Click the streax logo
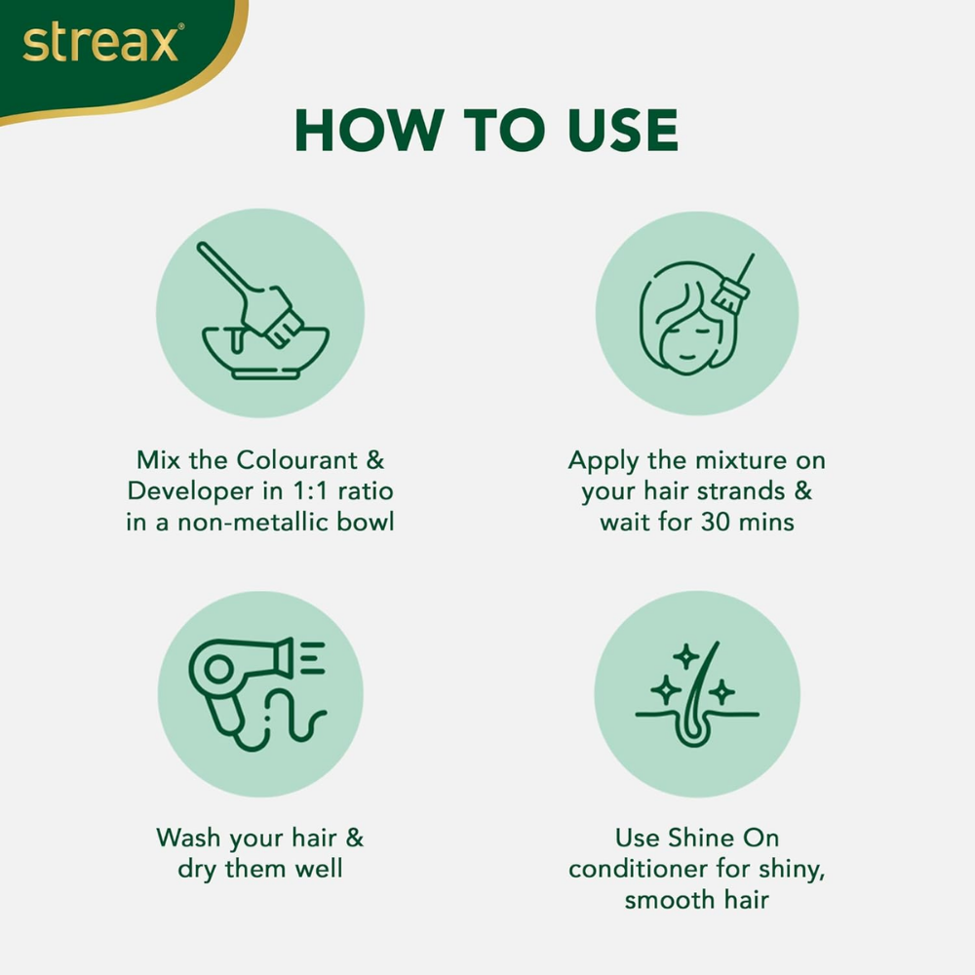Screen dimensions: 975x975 [x=101, y=44]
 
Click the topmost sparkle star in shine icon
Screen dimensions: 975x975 [x=686, y=656]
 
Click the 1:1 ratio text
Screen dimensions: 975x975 [x=303, y=490]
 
